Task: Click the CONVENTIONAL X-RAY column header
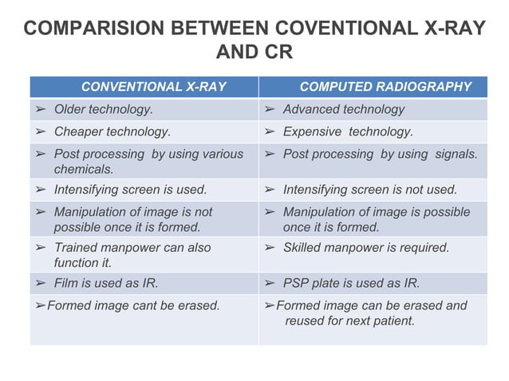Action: point(153,87)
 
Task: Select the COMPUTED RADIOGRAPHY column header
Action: point(385,87)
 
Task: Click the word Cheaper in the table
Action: point(77,132)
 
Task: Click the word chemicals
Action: point(83,169)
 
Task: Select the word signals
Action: point(456,154)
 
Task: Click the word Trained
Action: point(76,248)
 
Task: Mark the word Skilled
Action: point(302,248)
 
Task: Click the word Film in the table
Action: point(65,284)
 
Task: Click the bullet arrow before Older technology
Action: point(41,109)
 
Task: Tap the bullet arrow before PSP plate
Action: point(270,284)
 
